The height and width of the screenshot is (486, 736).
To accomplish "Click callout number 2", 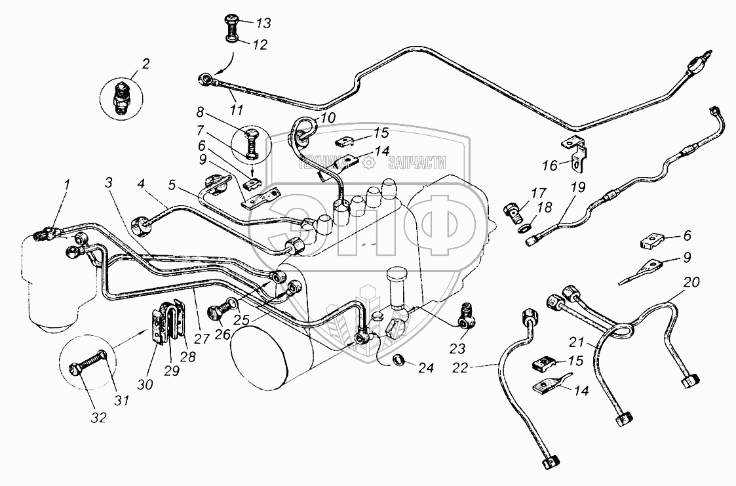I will click(145, 64).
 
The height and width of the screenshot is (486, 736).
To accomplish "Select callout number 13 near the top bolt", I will click(263, 24).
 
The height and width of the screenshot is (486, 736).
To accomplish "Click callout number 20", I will click(691, 283).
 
